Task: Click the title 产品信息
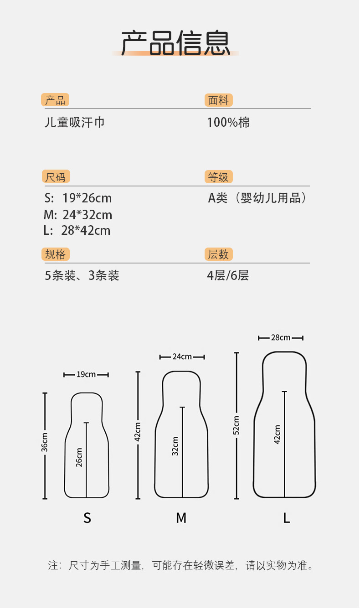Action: pyautogui.click(x=175, y=43)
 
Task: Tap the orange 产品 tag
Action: pyautogui.click(x=55, y=100)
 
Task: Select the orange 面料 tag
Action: pyautogui.click(x=218, y=100)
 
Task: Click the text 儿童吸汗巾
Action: pyautogui.click(x=75, y=122)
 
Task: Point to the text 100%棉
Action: pyautogui.click(x=228, y=122)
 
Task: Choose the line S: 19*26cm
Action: pyautogui.click(x=78, y=198)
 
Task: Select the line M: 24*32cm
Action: pyautogui.click(x=78, y=215)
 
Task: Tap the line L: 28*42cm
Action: pyautogui.click(x=77, y=230)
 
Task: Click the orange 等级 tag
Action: pyautogui.click(x=219, y=177)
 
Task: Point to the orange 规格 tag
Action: pyautogui.click(x=56, y=254)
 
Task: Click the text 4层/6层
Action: pyautogui.click(x=228, y=275)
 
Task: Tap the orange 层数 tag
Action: pyautogui.click(x=219, y=254)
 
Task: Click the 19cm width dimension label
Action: pyautogui.click(x=86, y=375)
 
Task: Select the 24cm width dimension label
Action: pyautogui.click(x=182, y=357)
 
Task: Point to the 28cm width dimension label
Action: pyautogui.click(x=280, y=338)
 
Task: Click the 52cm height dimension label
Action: pyautogui.click(x=237, y=425)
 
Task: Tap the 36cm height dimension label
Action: pyautogui.click(x=45, y=442)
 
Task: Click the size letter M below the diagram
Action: pyautogui.click(x=181, y=518)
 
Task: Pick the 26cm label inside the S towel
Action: pyautogui.click(x=79, y=457)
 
